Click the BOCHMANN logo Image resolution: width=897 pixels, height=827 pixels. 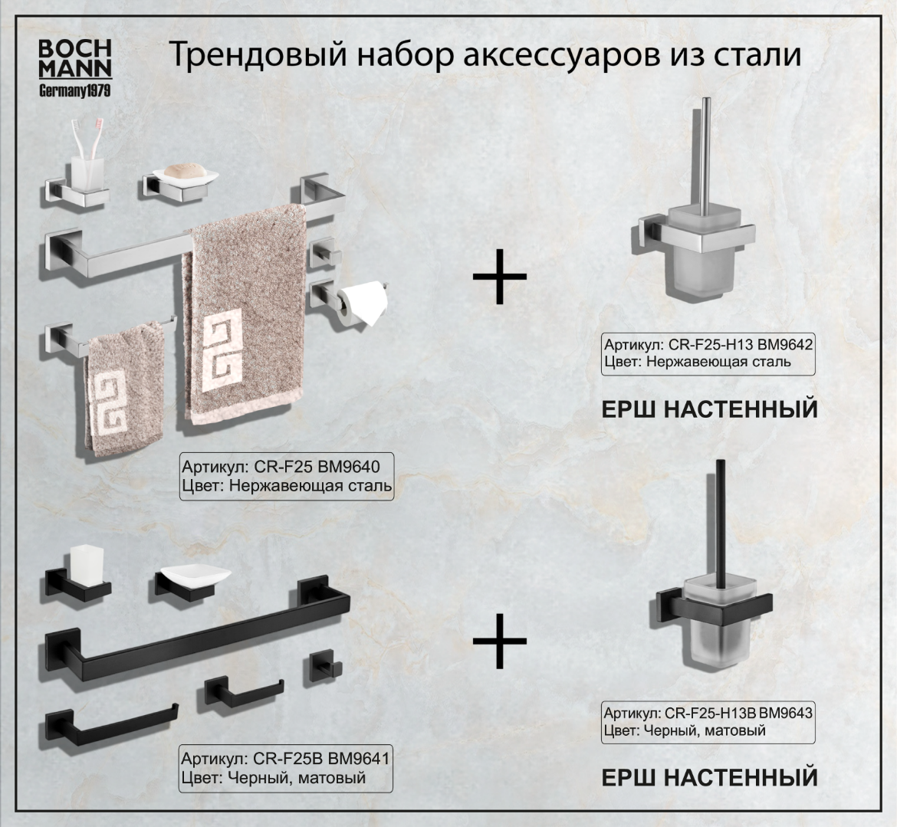coord(75,67)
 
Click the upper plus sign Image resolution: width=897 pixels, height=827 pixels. coord(499,274)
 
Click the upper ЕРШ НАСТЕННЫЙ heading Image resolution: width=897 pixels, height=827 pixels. coord(709,409)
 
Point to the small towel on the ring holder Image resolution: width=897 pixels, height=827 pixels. coord(123,391)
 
